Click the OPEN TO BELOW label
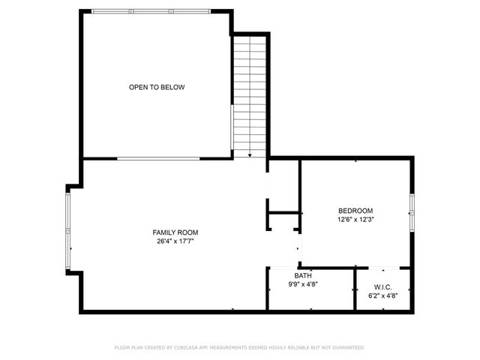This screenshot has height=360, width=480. click(156, 88)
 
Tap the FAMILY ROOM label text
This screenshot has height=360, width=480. click(175, 232)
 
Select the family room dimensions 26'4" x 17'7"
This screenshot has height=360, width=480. click(175, 241)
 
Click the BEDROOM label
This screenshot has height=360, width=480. click(355, 211)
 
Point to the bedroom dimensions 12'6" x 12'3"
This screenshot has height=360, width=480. click(355, 220)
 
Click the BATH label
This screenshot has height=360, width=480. click(303, 276)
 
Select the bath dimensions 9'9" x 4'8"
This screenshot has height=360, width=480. click(303, 285)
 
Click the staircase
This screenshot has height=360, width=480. click(249, 94)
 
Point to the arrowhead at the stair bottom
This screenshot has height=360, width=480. click(249, 154)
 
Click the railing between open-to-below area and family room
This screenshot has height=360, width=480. click(158, 158)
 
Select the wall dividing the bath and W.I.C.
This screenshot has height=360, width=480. click(355, 289)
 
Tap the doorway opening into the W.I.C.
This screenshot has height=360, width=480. click(383, 268)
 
